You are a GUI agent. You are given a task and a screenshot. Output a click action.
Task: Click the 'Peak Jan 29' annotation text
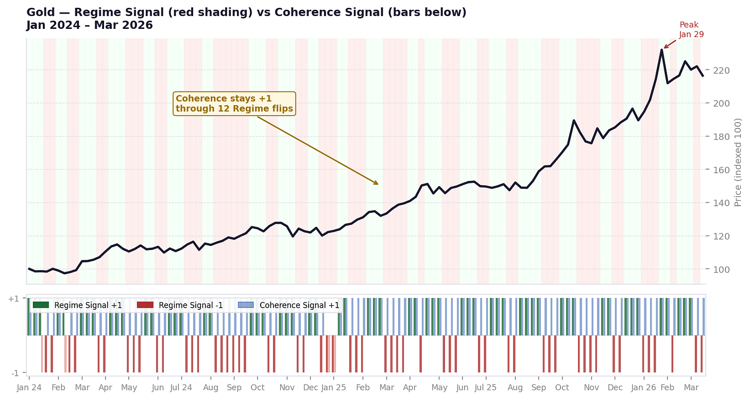coord(691,29)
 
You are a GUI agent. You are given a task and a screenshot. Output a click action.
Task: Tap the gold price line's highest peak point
coord(661,50)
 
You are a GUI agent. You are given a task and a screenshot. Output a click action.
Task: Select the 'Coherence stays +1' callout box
coord(234,104)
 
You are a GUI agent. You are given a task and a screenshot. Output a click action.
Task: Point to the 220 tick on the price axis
coord(722,70)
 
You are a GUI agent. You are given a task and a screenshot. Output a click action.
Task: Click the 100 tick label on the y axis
coord(722,269)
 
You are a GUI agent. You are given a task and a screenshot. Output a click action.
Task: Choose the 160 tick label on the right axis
coord(722,170)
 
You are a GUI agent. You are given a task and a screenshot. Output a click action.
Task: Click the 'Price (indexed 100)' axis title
coord(738,162)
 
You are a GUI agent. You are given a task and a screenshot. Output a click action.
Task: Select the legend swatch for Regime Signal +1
coord(40,305)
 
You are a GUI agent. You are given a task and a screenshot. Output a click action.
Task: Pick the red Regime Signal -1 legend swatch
coord(145,305)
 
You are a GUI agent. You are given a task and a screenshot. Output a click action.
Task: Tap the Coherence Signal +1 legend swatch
coord(246,305)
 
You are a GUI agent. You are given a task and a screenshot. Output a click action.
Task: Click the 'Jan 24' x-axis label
coord(29,387)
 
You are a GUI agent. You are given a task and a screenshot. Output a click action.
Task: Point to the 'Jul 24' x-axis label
coord(181,387)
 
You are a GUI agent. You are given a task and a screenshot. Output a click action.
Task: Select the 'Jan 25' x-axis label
coord(334,387)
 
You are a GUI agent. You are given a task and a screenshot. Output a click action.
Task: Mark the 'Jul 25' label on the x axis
coord(485,387)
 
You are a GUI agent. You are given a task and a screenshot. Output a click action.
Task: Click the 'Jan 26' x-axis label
coord(644,387)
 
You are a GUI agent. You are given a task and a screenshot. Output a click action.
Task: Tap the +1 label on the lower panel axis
coord(14,299)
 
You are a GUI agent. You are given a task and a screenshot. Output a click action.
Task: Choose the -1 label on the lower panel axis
coord(15,373)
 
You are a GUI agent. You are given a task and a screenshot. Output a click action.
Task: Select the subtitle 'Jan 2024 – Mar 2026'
coord(90,25)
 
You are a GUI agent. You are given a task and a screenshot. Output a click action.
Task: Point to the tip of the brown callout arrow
coord(379,184)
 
